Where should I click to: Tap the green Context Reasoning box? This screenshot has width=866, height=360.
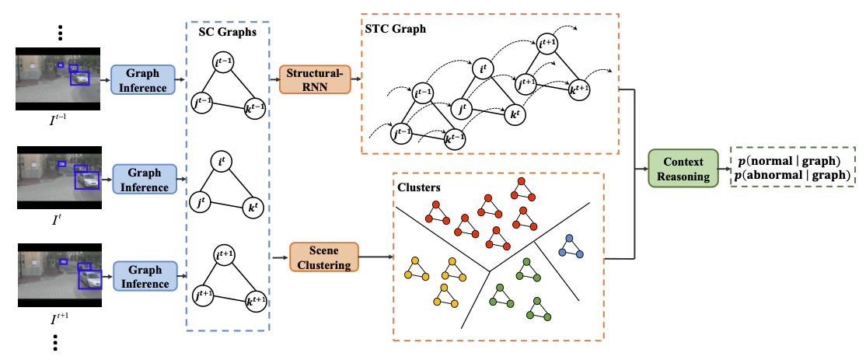pos(683,169)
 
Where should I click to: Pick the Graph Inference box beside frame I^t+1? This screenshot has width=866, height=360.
pos(143,277)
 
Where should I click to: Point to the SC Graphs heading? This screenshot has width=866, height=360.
pos(228,31)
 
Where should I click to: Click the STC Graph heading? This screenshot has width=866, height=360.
pos(396,30)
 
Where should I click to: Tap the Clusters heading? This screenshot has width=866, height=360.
pos(419,187)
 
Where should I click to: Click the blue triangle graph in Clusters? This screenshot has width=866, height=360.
pos(571,246)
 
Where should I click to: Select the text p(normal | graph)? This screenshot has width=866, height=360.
pos(789,161)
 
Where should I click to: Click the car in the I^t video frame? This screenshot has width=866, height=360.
pos(86,180)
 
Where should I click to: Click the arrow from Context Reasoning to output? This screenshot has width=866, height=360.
pos(724,169)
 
